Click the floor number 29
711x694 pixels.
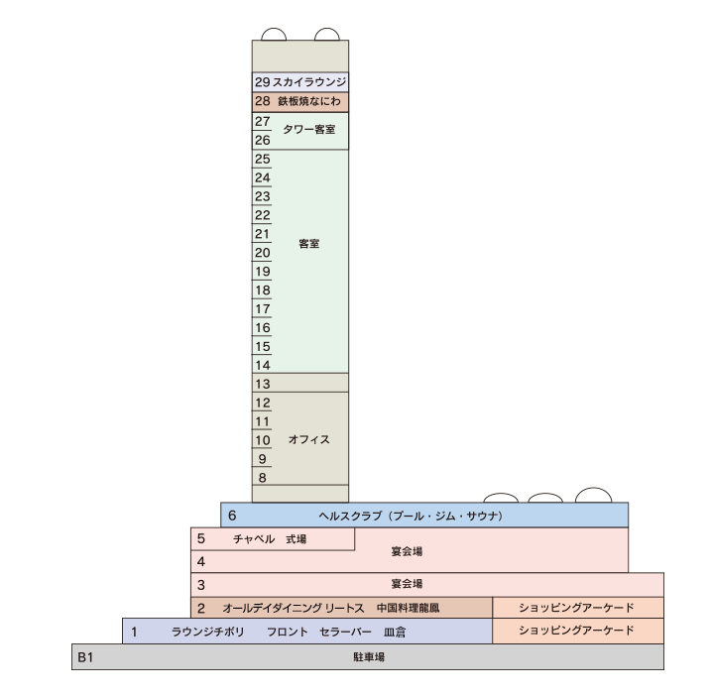pos(262,81)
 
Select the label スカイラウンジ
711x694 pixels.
pos(309,81)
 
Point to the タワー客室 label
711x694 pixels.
pos(309,130)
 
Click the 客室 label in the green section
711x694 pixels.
pos(309,243)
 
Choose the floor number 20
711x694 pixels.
pos(262,253)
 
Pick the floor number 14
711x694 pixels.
pos(262,365)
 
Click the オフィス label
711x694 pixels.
pos(309,439)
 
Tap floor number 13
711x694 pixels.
pos(262,384)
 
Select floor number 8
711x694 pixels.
pos(262,478)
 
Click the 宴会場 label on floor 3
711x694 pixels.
pos(408,584)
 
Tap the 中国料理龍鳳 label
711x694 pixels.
pos(409,608)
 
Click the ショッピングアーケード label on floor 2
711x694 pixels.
pos(577,608)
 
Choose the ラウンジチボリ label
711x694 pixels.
pos(207,632)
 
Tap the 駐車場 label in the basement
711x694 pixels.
pos(369,657)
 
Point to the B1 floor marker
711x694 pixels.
pos(85,657)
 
